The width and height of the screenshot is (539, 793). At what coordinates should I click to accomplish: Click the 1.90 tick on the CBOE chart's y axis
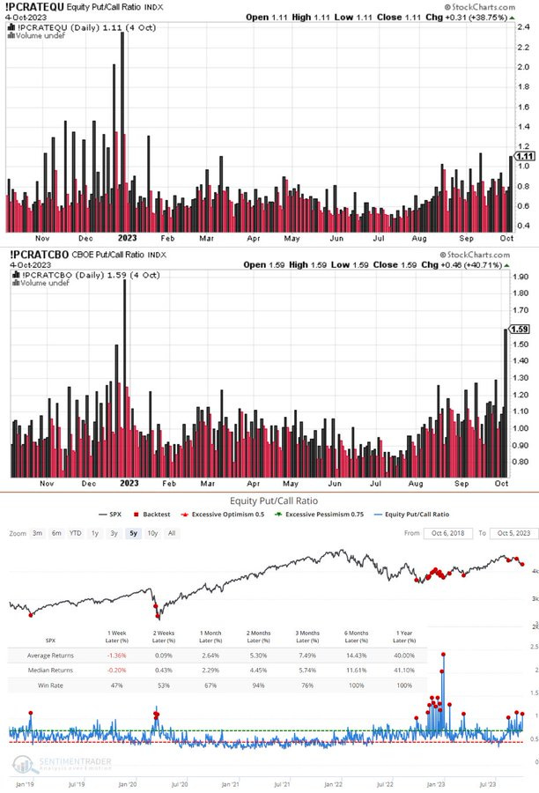pos(520,277)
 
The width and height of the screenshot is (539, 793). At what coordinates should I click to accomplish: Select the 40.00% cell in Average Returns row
pos(406,655)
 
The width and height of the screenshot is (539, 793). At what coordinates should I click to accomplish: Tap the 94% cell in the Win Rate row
pos(260,684)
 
